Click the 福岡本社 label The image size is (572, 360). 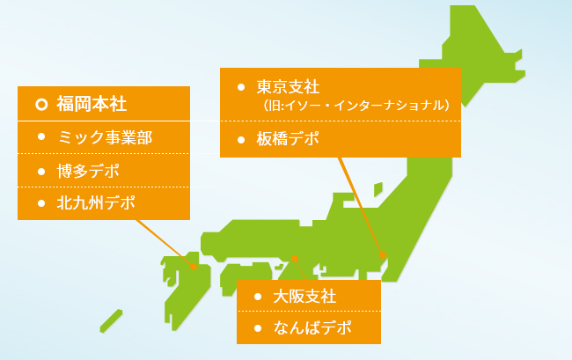tap(92, 104)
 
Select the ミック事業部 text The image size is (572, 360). tap(105, 137)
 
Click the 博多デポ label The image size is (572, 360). tap(88, 171)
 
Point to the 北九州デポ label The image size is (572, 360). tap(96, 202)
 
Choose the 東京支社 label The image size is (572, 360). tap(288, 87)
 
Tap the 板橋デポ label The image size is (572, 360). tap(288, 139)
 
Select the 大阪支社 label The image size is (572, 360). tap(304, 296)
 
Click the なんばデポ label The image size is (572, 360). tap(312, 328)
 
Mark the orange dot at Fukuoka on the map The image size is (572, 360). tap(194, 267)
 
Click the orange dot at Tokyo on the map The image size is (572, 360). tap(383, 255)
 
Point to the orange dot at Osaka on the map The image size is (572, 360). tap(295, 259)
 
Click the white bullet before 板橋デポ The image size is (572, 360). tap(241, 140)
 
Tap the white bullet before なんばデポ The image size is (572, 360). tap(258, 328)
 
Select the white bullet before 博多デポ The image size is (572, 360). tap(41, 172)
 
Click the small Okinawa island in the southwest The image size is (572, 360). tap(111, 321)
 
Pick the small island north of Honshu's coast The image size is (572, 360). tap(378, 189)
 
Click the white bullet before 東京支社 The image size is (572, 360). tap(241, 87)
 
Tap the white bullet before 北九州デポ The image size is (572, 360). tap(41, 203)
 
